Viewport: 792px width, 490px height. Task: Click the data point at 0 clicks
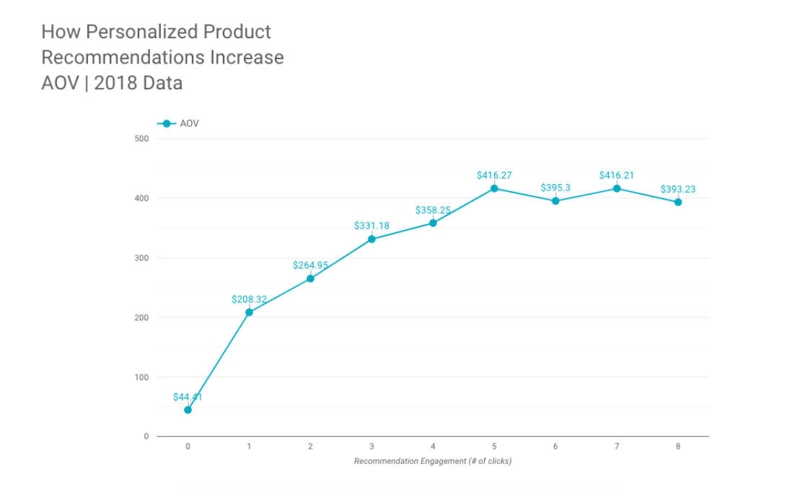pyautogui.click(x=188, y=410)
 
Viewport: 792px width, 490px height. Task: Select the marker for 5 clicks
pyautogui.click(x=494, y=188)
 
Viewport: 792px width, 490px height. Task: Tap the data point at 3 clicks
pyautogui.click(x=371, y=239)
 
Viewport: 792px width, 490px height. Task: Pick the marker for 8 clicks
pyautogui.click(x=678, y=202)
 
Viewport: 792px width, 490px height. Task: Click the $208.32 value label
pyautogui.click(x=249, y=299)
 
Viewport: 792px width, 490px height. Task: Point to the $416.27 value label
pyautogui.click(x=494, y=175)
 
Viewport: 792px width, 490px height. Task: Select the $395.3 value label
pyautogui.click(x=555, y=188)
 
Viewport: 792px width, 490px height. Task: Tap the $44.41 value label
pyautogui.click(x=188, y=397)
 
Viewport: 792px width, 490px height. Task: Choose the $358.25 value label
pyautogui.click(x=433, y=210)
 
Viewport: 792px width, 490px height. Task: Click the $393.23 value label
pyautogui.click(x=678, y=190)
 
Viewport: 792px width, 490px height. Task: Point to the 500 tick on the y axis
pyautogui.click(x=141, y=139)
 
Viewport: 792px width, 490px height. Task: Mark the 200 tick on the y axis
pyautogui.click(x=141, y=318)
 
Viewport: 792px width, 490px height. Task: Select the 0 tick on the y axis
pyautogui.click(x=146, y=437)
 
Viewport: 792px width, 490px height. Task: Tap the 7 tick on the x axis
pyautogui.click(x=617, y=447)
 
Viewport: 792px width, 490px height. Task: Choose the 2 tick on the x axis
pyautogui.click(x=310, y=447)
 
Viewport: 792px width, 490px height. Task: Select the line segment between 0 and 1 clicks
pyautogui.click(x=218, y=362)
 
